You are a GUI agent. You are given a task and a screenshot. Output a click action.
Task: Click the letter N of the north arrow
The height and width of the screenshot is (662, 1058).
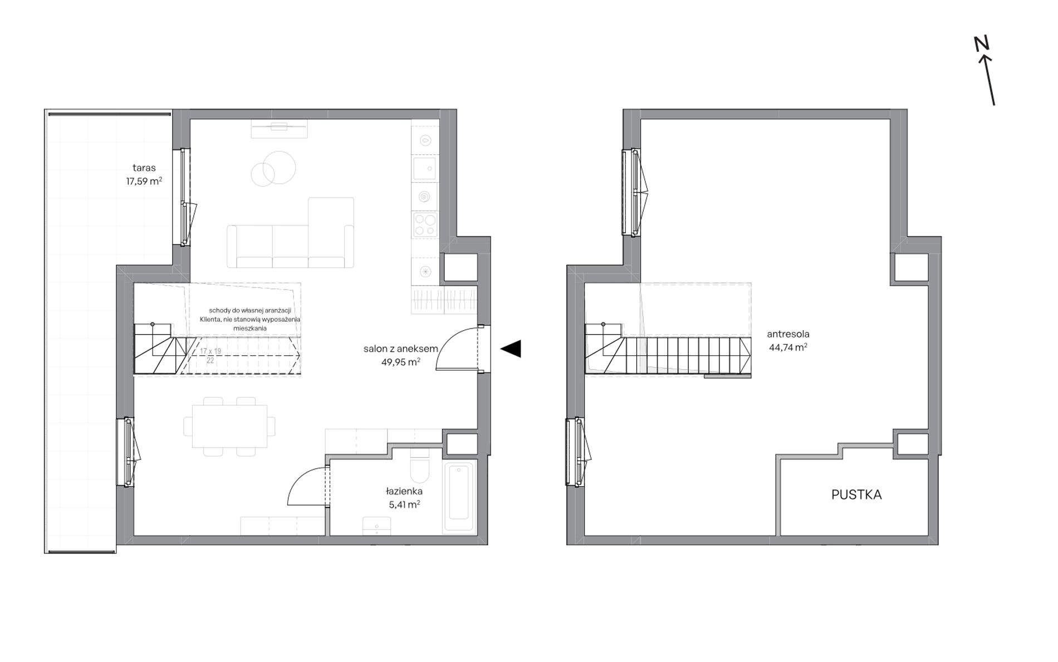981,43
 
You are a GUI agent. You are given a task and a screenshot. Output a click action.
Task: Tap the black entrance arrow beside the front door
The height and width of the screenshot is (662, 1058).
511,349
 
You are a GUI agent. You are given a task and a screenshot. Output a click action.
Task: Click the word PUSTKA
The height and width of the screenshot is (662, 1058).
856,494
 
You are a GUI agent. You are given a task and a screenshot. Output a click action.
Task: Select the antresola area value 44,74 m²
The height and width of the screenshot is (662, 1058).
788,347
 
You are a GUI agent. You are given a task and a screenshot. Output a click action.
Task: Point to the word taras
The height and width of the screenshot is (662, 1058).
144,168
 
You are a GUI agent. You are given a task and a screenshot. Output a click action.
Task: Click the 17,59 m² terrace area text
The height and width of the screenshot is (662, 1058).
144,181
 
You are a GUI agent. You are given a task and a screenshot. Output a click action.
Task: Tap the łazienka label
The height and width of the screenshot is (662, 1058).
404,491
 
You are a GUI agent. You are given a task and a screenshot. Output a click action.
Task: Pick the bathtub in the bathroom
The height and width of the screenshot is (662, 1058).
459,498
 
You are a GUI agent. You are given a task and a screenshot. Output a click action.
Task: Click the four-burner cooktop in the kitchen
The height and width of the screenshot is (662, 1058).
425,225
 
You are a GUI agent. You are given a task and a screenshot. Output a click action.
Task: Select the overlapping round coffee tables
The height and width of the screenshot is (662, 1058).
273,168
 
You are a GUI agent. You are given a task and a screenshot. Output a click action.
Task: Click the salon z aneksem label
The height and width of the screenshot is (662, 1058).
401,349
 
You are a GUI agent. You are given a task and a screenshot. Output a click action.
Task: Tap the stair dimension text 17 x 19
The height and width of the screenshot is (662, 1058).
210,351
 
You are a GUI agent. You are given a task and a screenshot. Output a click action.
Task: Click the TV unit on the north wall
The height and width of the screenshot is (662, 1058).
279,129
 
